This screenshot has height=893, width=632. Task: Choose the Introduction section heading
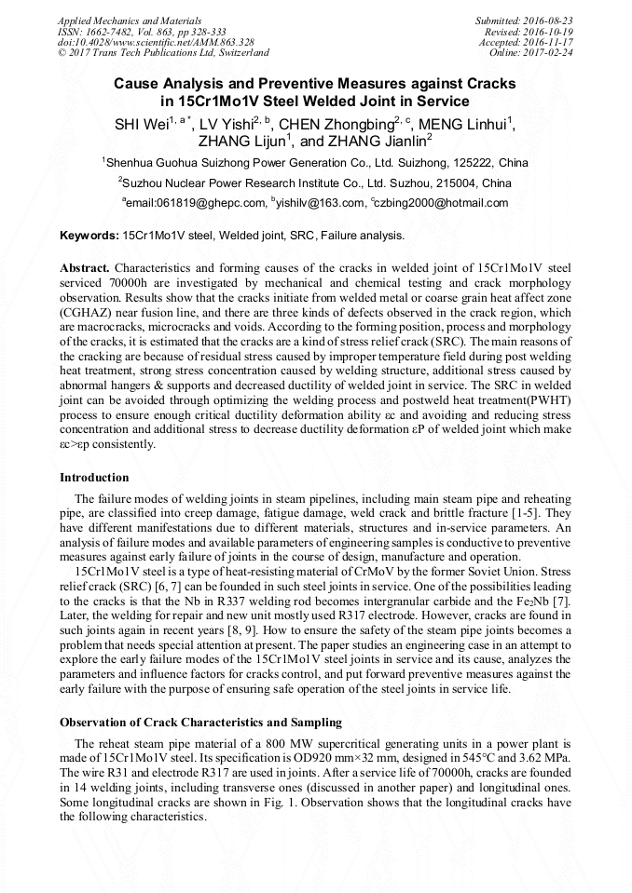(94, 478)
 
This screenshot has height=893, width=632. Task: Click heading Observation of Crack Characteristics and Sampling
(200, 722)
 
